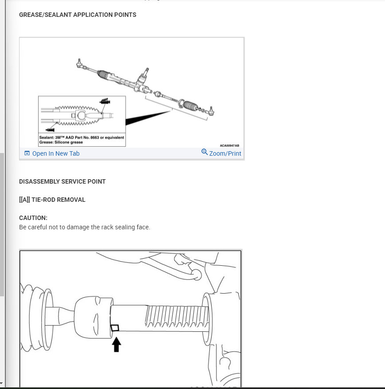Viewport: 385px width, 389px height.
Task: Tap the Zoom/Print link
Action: (x=225, y=153)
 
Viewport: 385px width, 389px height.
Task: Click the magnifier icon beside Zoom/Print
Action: (x=204, y=152)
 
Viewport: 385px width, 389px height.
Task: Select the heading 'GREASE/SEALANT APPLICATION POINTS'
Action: (x=78, y=15)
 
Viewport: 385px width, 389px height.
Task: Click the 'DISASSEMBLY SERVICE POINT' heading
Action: (x=62, y=181)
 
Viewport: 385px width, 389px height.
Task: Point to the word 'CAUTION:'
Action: (x=33, y=218)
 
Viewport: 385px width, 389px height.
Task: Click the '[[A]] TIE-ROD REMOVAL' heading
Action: (x=52, y=200)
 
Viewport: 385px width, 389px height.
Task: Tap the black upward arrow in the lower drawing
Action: (x=116, y=345)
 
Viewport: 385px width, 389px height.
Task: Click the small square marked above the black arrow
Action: (x=115, y=328)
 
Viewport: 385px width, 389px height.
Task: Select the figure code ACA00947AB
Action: (x=229, y=145)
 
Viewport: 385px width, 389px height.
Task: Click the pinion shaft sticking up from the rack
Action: (x=146, y=71)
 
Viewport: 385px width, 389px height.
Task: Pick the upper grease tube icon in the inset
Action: (x=105, y=102)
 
